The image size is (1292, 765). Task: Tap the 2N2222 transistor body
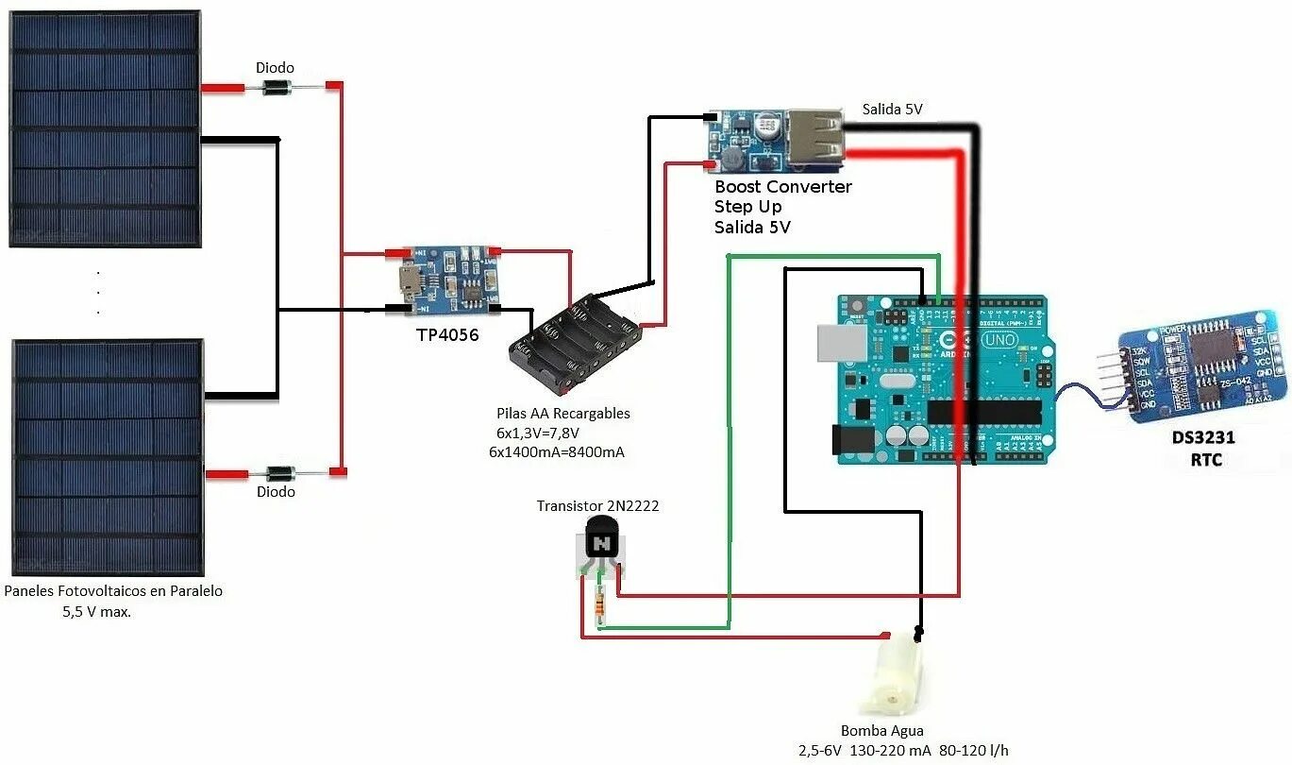click(601, 543)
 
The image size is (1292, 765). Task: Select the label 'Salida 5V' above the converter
click(892, 110)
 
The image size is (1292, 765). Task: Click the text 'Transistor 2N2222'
click(597, 506)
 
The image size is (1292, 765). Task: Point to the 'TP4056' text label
click(446, 334)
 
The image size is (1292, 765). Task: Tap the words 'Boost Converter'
click(782, 187)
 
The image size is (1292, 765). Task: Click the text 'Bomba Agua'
click(881, 731)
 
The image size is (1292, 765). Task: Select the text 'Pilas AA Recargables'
click(562, 414)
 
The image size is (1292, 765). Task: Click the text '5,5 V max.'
click(96, 611)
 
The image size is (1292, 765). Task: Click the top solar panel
click(105, 129)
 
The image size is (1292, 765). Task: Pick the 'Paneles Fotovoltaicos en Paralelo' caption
click(113, 591)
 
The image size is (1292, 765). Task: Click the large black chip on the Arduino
click(983, 412)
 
